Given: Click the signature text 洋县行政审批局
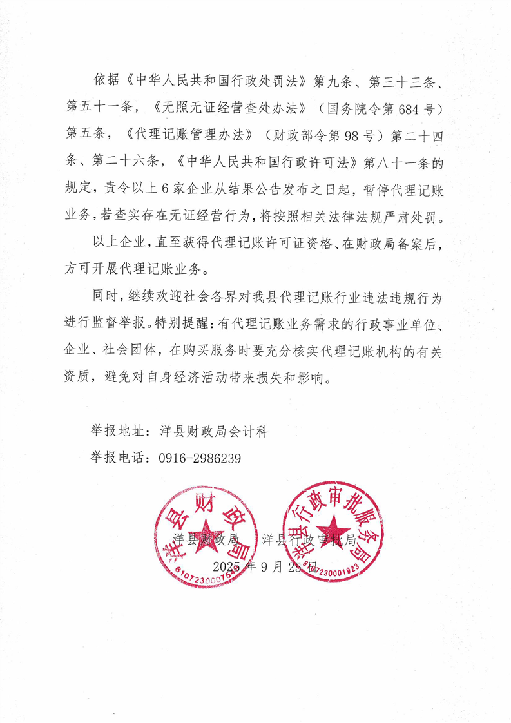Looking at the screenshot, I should pos(310,540).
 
